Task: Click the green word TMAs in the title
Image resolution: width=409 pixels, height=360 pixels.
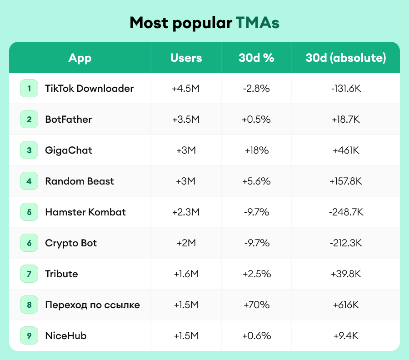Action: [257, 23]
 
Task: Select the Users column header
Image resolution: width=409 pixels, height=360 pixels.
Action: [186, 58]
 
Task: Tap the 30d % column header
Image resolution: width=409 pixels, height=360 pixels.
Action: [256, 58]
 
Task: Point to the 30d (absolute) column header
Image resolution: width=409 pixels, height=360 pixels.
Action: [345, 58]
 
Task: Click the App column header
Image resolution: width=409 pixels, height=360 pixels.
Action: [80, 58]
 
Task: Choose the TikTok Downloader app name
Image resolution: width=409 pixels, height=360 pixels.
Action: [89, 88]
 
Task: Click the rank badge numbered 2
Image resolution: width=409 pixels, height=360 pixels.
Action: [29, 119]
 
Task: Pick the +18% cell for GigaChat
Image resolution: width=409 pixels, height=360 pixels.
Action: [256, 150]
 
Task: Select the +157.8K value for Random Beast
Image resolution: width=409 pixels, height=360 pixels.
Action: [345, 181]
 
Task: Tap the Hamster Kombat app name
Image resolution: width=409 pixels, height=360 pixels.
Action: [85, 212]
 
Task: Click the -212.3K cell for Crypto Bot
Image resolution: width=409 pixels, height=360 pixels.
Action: [345, 243]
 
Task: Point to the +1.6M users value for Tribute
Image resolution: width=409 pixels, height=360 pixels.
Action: [186, 274]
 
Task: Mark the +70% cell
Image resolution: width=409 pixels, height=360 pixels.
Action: [256, 305]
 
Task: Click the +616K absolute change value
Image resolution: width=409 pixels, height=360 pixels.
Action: [345, 305]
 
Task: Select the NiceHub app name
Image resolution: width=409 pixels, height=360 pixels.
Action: [66, 335]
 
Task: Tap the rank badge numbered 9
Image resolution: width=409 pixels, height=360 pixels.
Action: [29, 335]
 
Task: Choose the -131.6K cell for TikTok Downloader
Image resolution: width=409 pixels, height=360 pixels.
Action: [345, 88]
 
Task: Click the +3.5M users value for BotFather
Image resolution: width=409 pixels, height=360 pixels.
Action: [186, 119]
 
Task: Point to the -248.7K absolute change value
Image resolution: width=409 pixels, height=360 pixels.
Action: [345, 212]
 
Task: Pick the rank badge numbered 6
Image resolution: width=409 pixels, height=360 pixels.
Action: [29, 243]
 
